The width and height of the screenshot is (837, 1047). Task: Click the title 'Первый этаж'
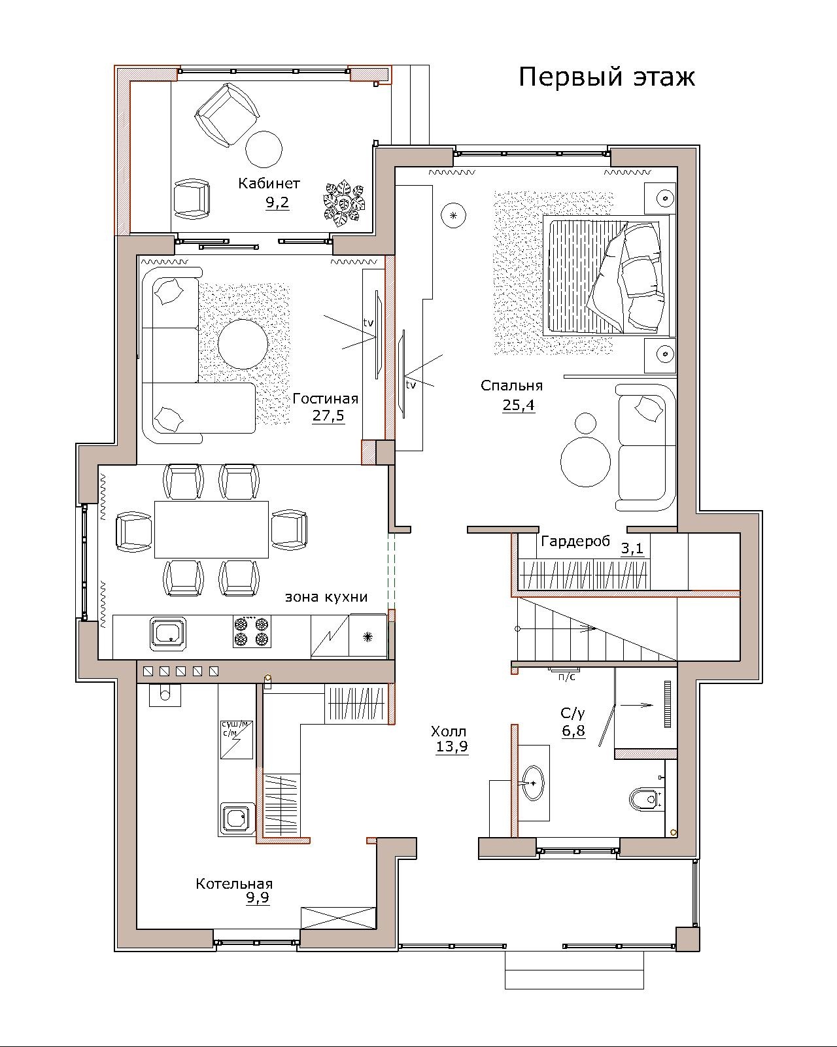click(x=606, y=77)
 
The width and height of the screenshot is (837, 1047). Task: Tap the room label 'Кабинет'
click(x=269, y=183)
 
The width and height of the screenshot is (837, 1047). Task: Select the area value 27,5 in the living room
click(x=328, y=415)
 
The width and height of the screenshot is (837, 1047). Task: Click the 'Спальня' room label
click(x=511, y=386)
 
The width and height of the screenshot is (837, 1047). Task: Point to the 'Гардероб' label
click(x=575, y=541)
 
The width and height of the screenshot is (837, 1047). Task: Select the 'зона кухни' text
click(x=326, y=597)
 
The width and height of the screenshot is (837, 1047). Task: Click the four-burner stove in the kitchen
click(x=252, y=632)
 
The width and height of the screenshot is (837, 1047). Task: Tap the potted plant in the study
click(x=344, y=203)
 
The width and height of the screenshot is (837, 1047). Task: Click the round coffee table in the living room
click(x=243, y=343)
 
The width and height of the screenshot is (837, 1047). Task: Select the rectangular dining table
click(x=211, y=529)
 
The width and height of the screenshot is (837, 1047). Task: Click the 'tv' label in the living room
click(x=368, y=322)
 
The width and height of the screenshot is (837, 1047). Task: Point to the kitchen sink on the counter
click(x=167, y=632)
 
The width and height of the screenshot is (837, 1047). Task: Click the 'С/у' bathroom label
click(x=572, y=713)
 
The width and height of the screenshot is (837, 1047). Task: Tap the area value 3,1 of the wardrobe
click(x=632, y=548)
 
